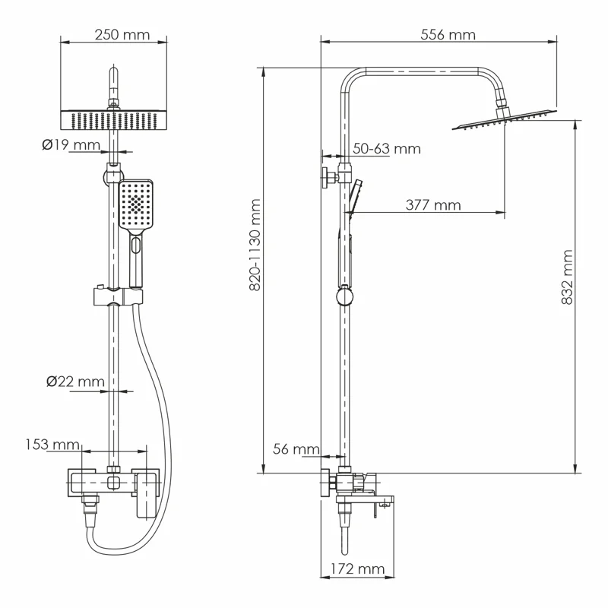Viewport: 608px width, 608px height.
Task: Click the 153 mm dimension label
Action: click(53, 444)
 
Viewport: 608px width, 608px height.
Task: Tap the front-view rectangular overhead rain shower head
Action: click(112, 120)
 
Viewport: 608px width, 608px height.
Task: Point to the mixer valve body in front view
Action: click(114, 483)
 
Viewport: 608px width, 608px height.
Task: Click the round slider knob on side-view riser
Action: click(345, 294)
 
